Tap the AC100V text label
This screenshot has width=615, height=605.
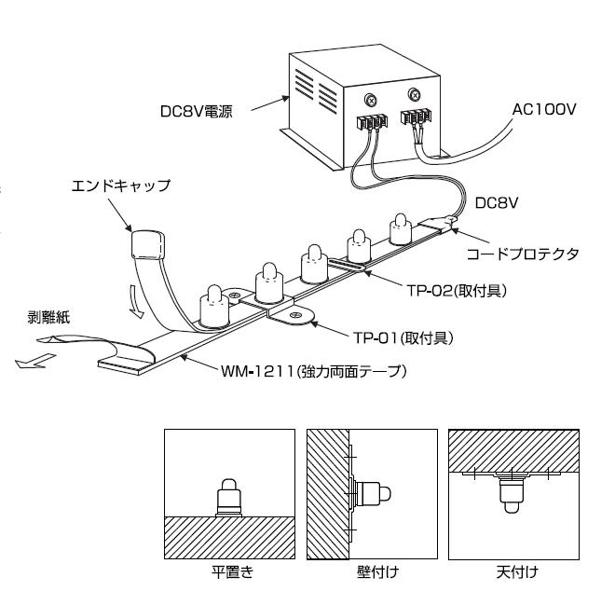coord(545,109)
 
